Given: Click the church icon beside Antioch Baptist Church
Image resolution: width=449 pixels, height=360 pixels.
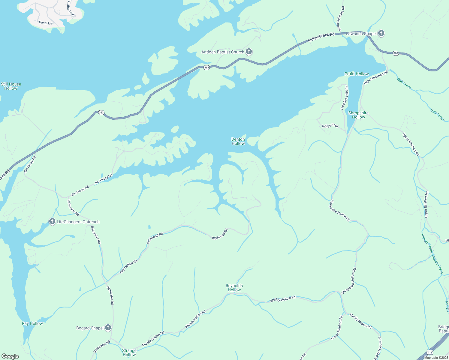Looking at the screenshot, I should (x=249, y=52).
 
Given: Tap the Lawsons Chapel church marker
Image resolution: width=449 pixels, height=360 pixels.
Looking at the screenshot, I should (x=381, y=33).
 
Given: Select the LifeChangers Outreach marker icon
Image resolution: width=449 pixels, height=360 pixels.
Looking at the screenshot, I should (x=52, y=222).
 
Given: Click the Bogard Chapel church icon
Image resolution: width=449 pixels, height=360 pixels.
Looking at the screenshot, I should (x=108, y=328).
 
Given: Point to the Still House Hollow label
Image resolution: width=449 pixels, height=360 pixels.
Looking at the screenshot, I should (x=11, y=86).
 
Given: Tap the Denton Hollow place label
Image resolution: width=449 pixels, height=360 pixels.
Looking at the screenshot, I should (x=238, y=141).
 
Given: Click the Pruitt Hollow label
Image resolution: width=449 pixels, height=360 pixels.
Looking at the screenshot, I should (x=357, y=74).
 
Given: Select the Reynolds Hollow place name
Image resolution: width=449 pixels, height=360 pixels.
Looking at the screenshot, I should (x=234, y=288).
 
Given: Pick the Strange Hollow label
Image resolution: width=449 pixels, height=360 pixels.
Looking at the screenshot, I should (x=129, y=352).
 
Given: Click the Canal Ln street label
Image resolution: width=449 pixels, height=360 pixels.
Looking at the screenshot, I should (x=45, y=23).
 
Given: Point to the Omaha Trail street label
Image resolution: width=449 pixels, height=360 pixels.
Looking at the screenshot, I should (x=71, y=7).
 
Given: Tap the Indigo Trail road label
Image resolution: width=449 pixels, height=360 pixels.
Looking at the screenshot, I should (x=330, y=126).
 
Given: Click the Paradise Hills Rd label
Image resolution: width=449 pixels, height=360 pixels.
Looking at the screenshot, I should (x=344, y=97).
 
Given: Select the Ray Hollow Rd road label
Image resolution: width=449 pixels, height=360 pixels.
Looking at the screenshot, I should (x=128, y=266).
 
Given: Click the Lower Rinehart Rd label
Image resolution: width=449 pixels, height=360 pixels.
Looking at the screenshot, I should (x=337, y=328).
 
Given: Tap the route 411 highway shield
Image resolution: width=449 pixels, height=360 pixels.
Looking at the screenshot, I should (x=430, y=352).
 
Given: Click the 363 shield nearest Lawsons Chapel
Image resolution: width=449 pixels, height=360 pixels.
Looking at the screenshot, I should (x=396, y=53).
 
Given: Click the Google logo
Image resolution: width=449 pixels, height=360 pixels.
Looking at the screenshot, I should (x=10, y=356).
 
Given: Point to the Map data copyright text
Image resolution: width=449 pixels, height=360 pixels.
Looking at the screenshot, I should (x=436, y=358).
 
